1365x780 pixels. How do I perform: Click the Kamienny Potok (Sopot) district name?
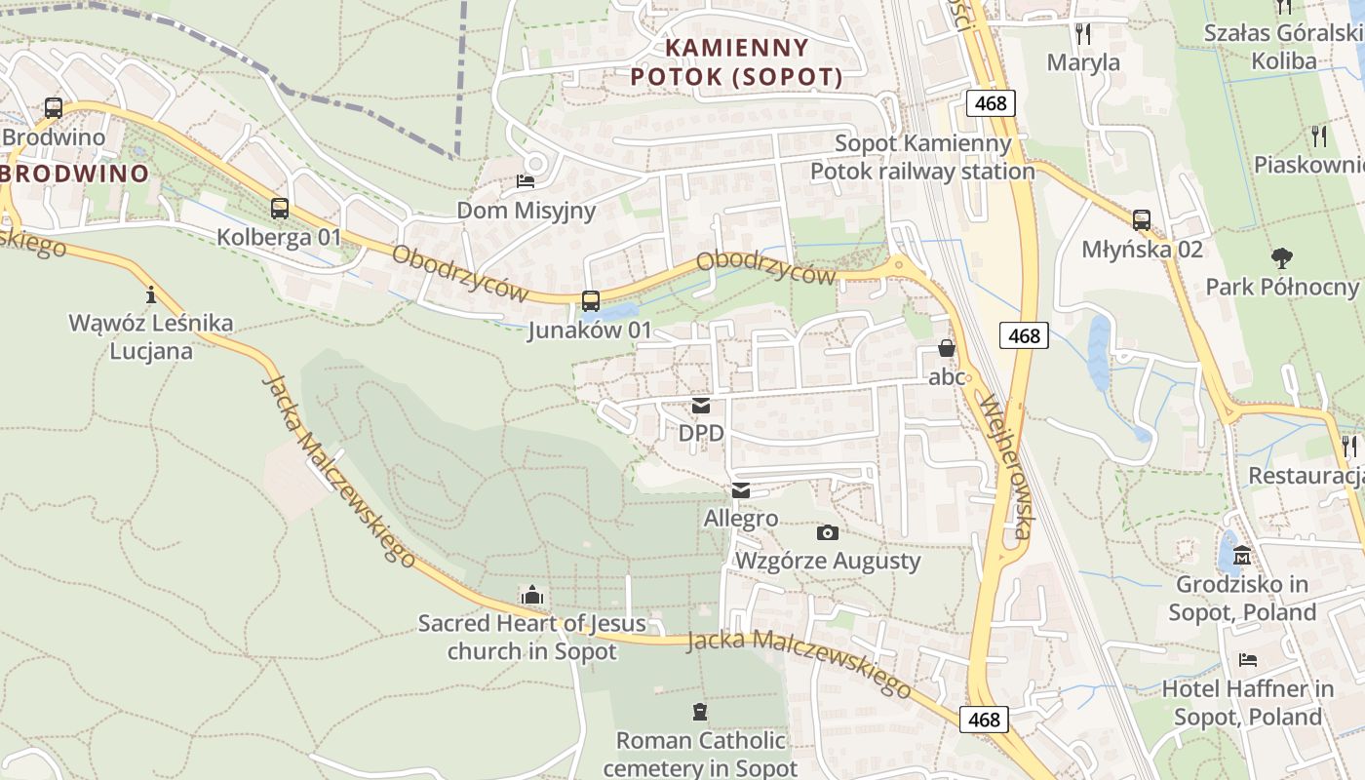pyautogui.click(x=736, y=62)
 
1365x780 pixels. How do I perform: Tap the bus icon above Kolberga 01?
pyautogui.click(x=280, y=208)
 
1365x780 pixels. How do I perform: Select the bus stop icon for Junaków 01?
pyautogui.click(x=590, y=301)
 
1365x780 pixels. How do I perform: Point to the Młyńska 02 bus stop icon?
pyautogui.click(x=1142, y=220)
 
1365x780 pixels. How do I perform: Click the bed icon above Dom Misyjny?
pyautogui.click(x=526, y=181)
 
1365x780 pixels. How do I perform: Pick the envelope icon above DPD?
pyautogui.click(x=701, y=406)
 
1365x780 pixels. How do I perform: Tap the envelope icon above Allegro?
pyautogui.click(x=741, y=490)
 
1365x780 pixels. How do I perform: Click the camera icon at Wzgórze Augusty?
pyautogui.click(x=827, y=532)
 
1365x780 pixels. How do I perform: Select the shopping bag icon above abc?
pyautogui.click(x=946, y=348)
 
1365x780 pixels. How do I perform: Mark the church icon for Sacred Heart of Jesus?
pyautogui.click(x=531, y=595)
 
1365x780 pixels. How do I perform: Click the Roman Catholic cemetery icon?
pyautogui.click(x=699, y=712)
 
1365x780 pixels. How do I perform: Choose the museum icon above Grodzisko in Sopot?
pyautogui.click(x=1242, y=557)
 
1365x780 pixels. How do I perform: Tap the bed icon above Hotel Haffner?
pyautogui.click(x=1248, y=660)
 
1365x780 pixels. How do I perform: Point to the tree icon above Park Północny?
pyautogui.click(x=1281, y=258)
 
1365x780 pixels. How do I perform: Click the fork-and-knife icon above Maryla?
pyautogui.click(x=1083, y=34)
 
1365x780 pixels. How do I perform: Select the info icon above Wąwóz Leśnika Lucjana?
pyautogui.click(x=150, y=293)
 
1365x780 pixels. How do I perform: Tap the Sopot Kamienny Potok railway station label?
pyautogui.click(x=922, y=158)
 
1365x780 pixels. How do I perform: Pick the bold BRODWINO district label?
pyautogui.click(x=75, y=175)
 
